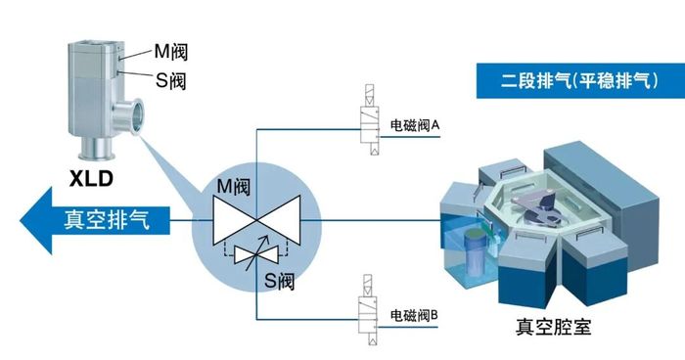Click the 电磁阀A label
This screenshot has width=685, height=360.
(418, 126)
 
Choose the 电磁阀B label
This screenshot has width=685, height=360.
(418, 316)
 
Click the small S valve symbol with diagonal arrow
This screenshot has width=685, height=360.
(257, 256)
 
